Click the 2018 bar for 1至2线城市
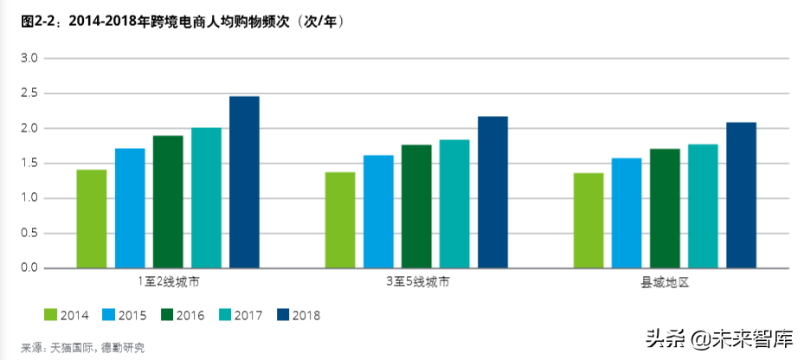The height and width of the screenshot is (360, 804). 244,182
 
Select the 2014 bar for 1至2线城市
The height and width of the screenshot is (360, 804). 92,218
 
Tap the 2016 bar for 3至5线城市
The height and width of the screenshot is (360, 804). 415,206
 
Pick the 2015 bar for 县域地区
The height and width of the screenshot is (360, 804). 627,213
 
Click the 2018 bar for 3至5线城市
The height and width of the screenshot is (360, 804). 492,192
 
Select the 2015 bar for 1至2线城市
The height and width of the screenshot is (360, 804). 130,208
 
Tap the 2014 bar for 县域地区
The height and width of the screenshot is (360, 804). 589,220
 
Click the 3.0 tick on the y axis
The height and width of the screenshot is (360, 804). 30,59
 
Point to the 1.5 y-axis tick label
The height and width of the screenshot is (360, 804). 30,164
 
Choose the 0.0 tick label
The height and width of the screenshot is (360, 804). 30,268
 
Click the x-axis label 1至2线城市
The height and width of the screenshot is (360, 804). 168,283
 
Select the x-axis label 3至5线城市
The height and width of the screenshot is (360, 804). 416,283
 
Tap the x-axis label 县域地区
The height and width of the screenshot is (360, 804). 664,283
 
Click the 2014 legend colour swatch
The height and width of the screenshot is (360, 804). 50,315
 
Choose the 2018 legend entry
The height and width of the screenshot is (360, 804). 298,315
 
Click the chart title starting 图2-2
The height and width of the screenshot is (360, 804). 183,22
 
